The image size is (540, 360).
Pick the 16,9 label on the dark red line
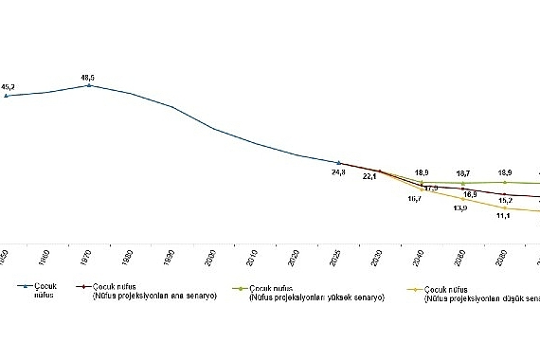469,194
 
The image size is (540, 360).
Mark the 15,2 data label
505,201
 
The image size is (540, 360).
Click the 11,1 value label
503,217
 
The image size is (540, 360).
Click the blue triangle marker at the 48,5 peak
89,85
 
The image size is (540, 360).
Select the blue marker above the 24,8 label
338,162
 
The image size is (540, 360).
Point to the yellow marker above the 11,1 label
505,207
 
